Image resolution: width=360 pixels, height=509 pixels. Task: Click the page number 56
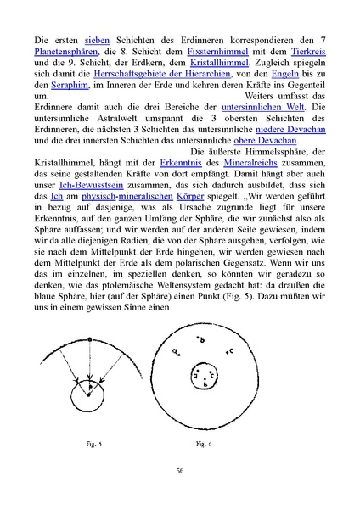click(180, 472)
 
